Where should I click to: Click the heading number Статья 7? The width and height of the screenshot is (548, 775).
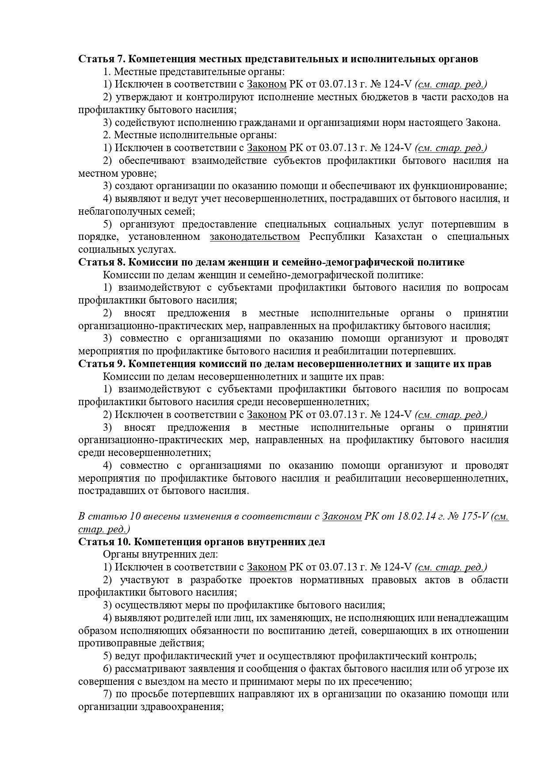coord(102,59)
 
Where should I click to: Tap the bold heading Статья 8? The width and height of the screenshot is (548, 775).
coord(102,262)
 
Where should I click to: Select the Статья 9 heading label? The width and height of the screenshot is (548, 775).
coord(102,364)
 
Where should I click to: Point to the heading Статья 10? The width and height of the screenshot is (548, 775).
coord(104,542)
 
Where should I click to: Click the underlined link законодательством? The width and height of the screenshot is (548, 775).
coord(255,237)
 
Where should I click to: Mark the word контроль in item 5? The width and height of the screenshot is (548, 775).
coord(456,656)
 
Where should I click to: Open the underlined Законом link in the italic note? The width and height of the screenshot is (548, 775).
coord(342,517)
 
